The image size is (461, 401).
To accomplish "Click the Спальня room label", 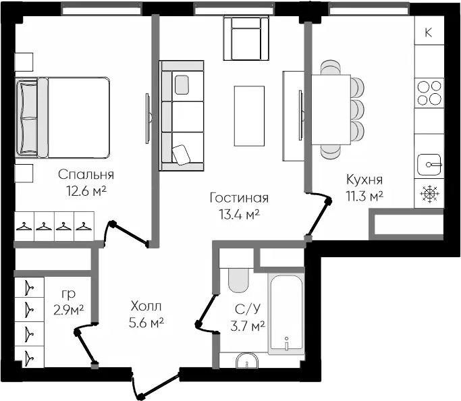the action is click(x=86, y=175).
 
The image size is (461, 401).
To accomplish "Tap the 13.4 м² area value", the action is click(x=239, y=215).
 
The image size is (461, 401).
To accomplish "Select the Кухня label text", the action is click(x=364, y=180).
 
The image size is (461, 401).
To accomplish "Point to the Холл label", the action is click(x=146, y=306).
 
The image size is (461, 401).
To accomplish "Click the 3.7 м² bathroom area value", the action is click(x=248, y=326).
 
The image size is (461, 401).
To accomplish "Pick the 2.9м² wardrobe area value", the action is click(x=69, y=310).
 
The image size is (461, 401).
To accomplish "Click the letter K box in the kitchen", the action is click(x=429, y=30).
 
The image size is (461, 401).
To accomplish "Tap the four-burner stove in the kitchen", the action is click(x=429, y=93).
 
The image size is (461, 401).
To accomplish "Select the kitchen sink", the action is click(x=429, y=164).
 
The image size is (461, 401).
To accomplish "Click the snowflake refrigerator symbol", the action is click(x=429, y=194).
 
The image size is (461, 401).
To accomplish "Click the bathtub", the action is click(x=286, y=314).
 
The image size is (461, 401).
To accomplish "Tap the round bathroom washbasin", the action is click(x=247, y=360).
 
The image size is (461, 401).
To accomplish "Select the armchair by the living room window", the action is click(x=246, y=38).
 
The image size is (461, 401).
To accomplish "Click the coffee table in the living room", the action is click(x=249, y=116).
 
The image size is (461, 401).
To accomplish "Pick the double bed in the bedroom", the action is click(x=62, y=117).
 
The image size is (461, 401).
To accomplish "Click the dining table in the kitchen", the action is click(x=331, y=109).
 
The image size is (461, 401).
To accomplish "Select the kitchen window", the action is click(x=369, y=9).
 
